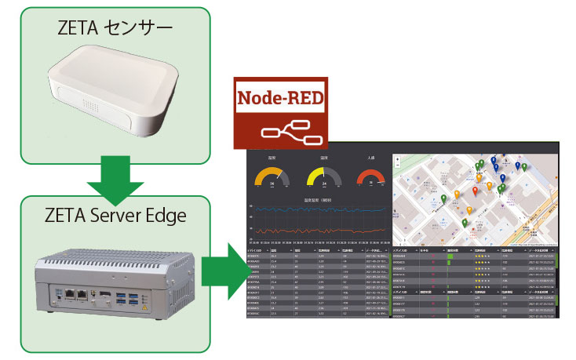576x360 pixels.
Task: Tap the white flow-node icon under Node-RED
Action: (295, 133)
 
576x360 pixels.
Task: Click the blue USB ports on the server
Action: (125, 297)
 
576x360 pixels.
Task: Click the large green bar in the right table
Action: (450, 255)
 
